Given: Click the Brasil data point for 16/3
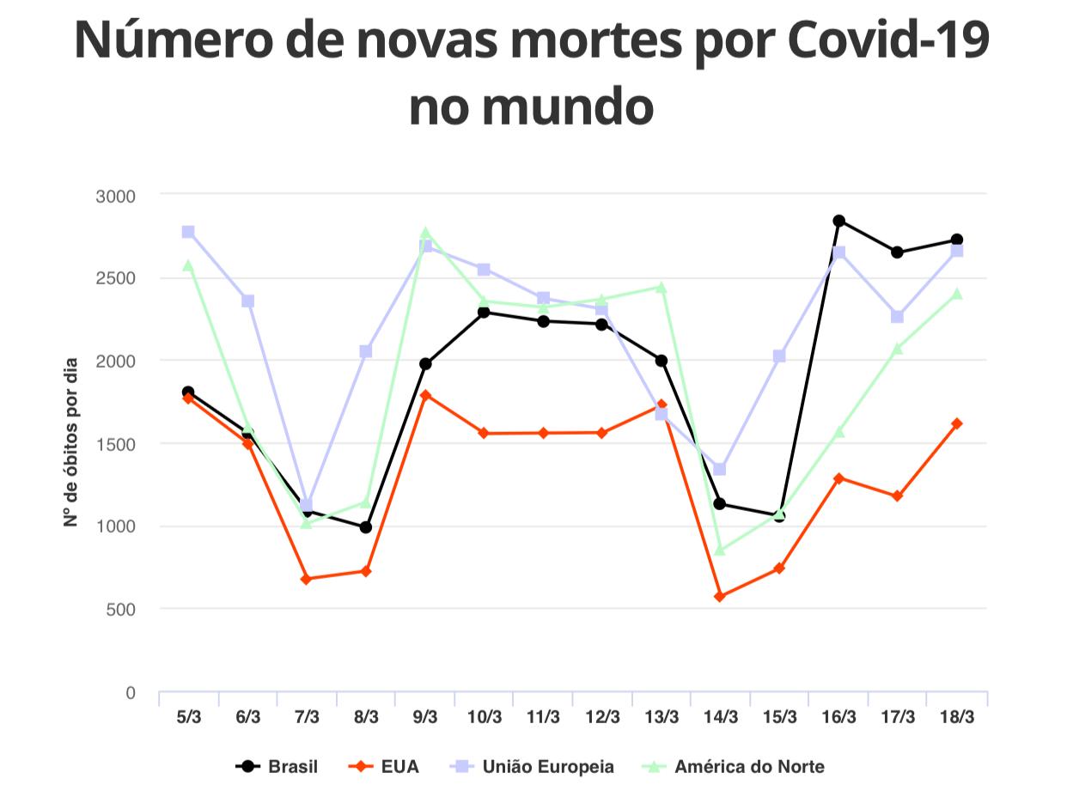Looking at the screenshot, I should click(x=838, y=221).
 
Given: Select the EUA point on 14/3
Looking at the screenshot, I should click(x=720, y=596).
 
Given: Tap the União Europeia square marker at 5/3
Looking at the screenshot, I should click(x=188, y=232).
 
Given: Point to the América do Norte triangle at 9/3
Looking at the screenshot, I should click(x=425, y=233).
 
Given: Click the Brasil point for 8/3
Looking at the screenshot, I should click(x=366, y=527).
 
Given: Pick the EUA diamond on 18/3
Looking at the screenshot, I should click(x=957, y=423).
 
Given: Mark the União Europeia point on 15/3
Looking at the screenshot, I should click(x=779, y=356).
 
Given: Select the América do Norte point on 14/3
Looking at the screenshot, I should click(x=720, y=550).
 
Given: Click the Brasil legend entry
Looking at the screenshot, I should click(x=277, y=767).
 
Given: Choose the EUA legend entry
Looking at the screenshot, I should click(x=384, y=767).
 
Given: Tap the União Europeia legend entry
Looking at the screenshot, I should click(x=533, y=767).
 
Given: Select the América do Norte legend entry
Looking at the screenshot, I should click(x=734, y=767).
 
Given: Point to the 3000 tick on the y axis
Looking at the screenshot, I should click(x=116, y=196).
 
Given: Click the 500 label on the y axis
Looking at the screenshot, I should click(x=121, y=610).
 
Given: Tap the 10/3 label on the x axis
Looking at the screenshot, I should click(x=485, y=717).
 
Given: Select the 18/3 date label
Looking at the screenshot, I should click(x=957, y=717).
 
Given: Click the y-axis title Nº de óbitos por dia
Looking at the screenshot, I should click(x=71, y=442).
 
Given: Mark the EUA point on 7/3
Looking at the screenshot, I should click(x=307, y=579).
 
